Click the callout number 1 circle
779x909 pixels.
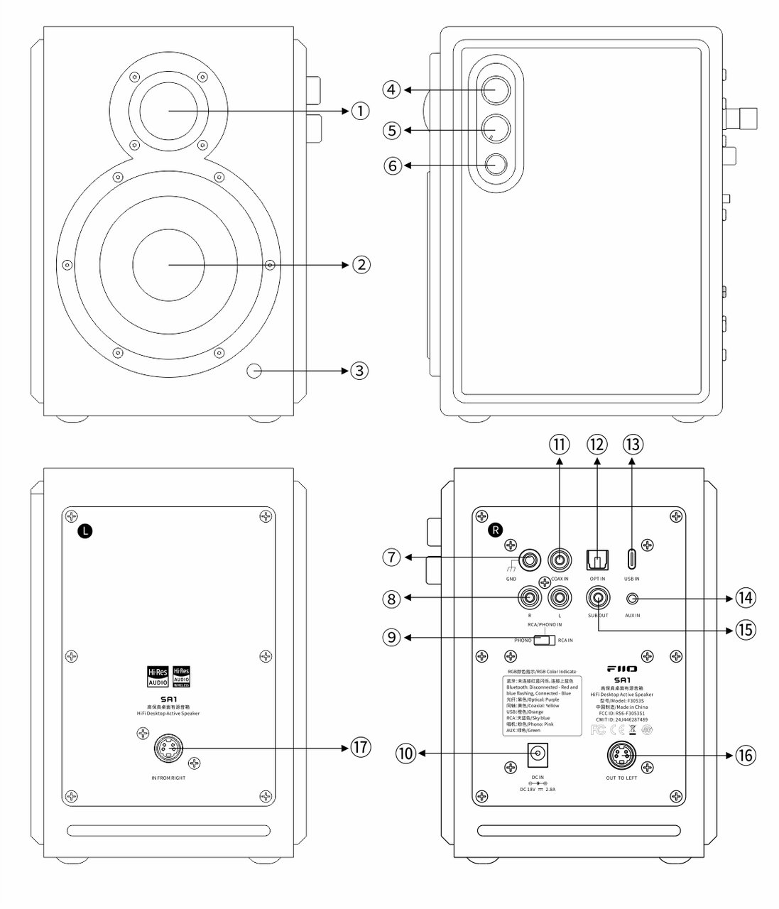(x=360, y=111)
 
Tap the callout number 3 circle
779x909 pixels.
(x=360, y=370)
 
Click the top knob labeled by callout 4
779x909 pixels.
(x=495, y=90)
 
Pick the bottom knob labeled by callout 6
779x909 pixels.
(x=495, y=165)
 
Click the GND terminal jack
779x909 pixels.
(x=529, y=560)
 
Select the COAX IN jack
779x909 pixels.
(x=560, y=560)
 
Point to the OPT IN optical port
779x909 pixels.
(x=596, y=560)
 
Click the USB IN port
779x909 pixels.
(x=632, y=559)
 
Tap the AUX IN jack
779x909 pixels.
(x=632, y=599)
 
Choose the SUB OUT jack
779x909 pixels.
(x=598, y=598)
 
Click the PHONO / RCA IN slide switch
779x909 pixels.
(x=545, y=640)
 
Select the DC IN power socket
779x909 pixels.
(x=537, y=754)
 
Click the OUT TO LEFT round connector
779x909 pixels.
(x=621, y=755)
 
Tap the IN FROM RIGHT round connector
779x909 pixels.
(x=168, y=748)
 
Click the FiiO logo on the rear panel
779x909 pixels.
(x=622, y=669)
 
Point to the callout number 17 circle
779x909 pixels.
(x=360, y=747)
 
